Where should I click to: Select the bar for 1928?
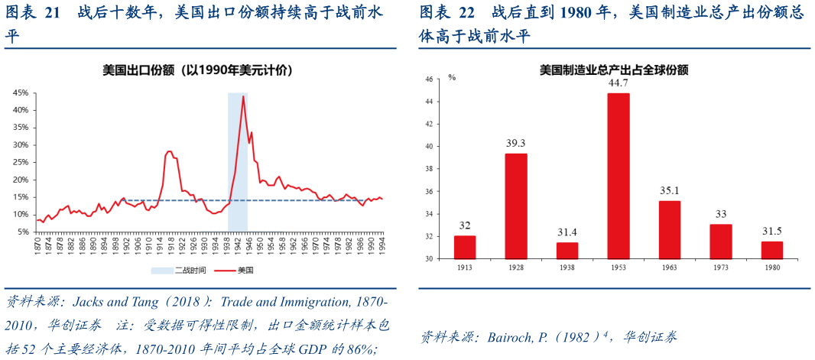pos(516,206)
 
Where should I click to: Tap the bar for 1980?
pos(773,250)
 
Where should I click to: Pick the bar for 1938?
pos(567,250)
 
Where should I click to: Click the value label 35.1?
pos(670,191)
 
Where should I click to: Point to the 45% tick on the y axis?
pos(21,92)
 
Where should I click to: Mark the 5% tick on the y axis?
pos(23,232)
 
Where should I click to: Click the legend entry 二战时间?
pos(180,270)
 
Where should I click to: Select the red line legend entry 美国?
pos(237,270)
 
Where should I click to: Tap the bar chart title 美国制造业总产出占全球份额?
pos(614,70)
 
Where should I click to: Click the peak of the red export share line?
pos(243,96)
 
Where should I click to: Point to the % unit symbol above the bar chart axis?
pos(452,77)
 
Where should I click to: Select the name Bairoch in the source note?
pos(502,336)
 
